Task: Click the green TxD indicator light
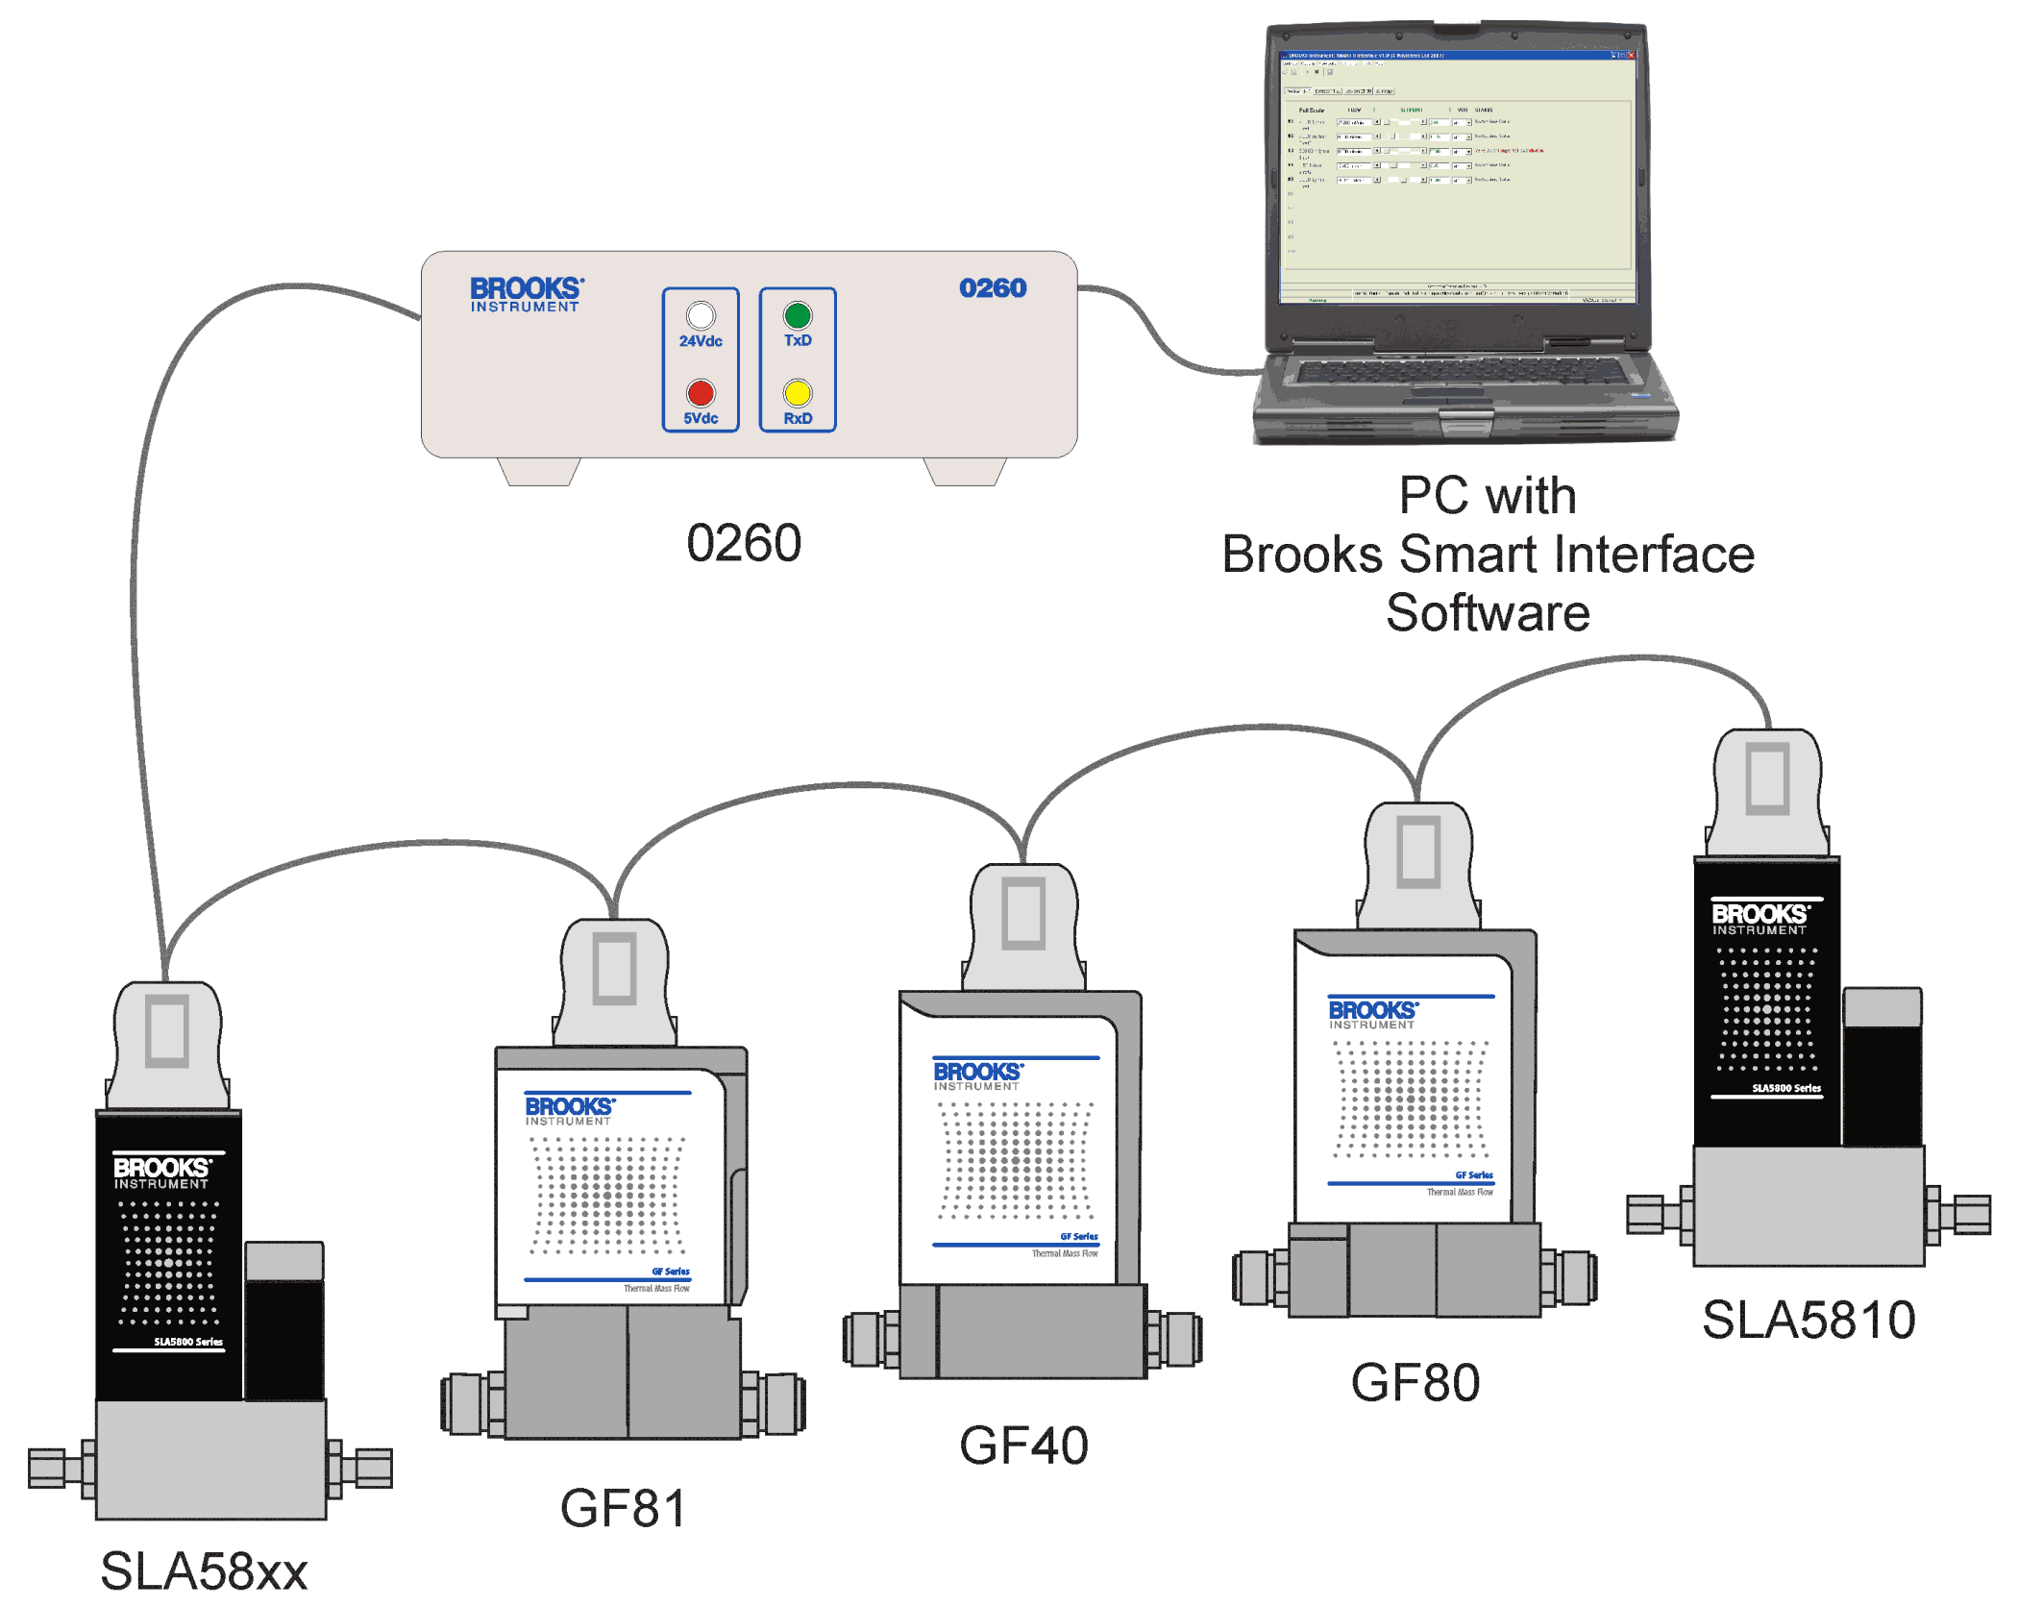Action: click(x=797, y=315)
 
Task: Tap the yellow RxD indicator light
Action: click(x=797, y=393)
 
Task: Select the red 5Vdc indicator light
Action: click(x=701, y=393)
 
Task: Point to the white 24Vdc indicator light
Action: click(x=701, y=315)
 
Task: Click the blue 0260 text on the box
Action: click(x=993, y=288)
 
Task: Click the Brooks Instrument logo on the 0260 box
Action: click(x=526, y=294)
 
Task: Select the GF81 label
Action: click(x=623, y=1507)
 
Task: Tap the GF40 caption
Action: click(x=1023, y=1445)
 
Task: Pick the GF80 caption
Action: click(x=1415, y=1382)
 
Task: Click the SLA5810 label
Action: click(x=1808, y=1319)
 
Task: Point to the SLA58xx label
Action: click(x=204, y=1570)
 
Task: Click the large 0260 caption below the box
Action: click(x=744, y=543)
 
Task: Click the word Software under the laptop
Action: click(x=1488, y=612)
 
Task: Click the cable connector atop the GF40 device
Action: click(x=1023, y=923)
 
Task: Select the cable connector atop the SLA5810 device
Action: click(x=1767, y=788)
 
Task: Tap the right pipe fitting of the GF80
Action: click(x=1571, y=1278)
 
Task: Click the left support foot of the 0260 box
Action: click(x=539, y=471)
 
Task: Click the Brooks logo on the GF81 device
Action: click(x=569, y=1110)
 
